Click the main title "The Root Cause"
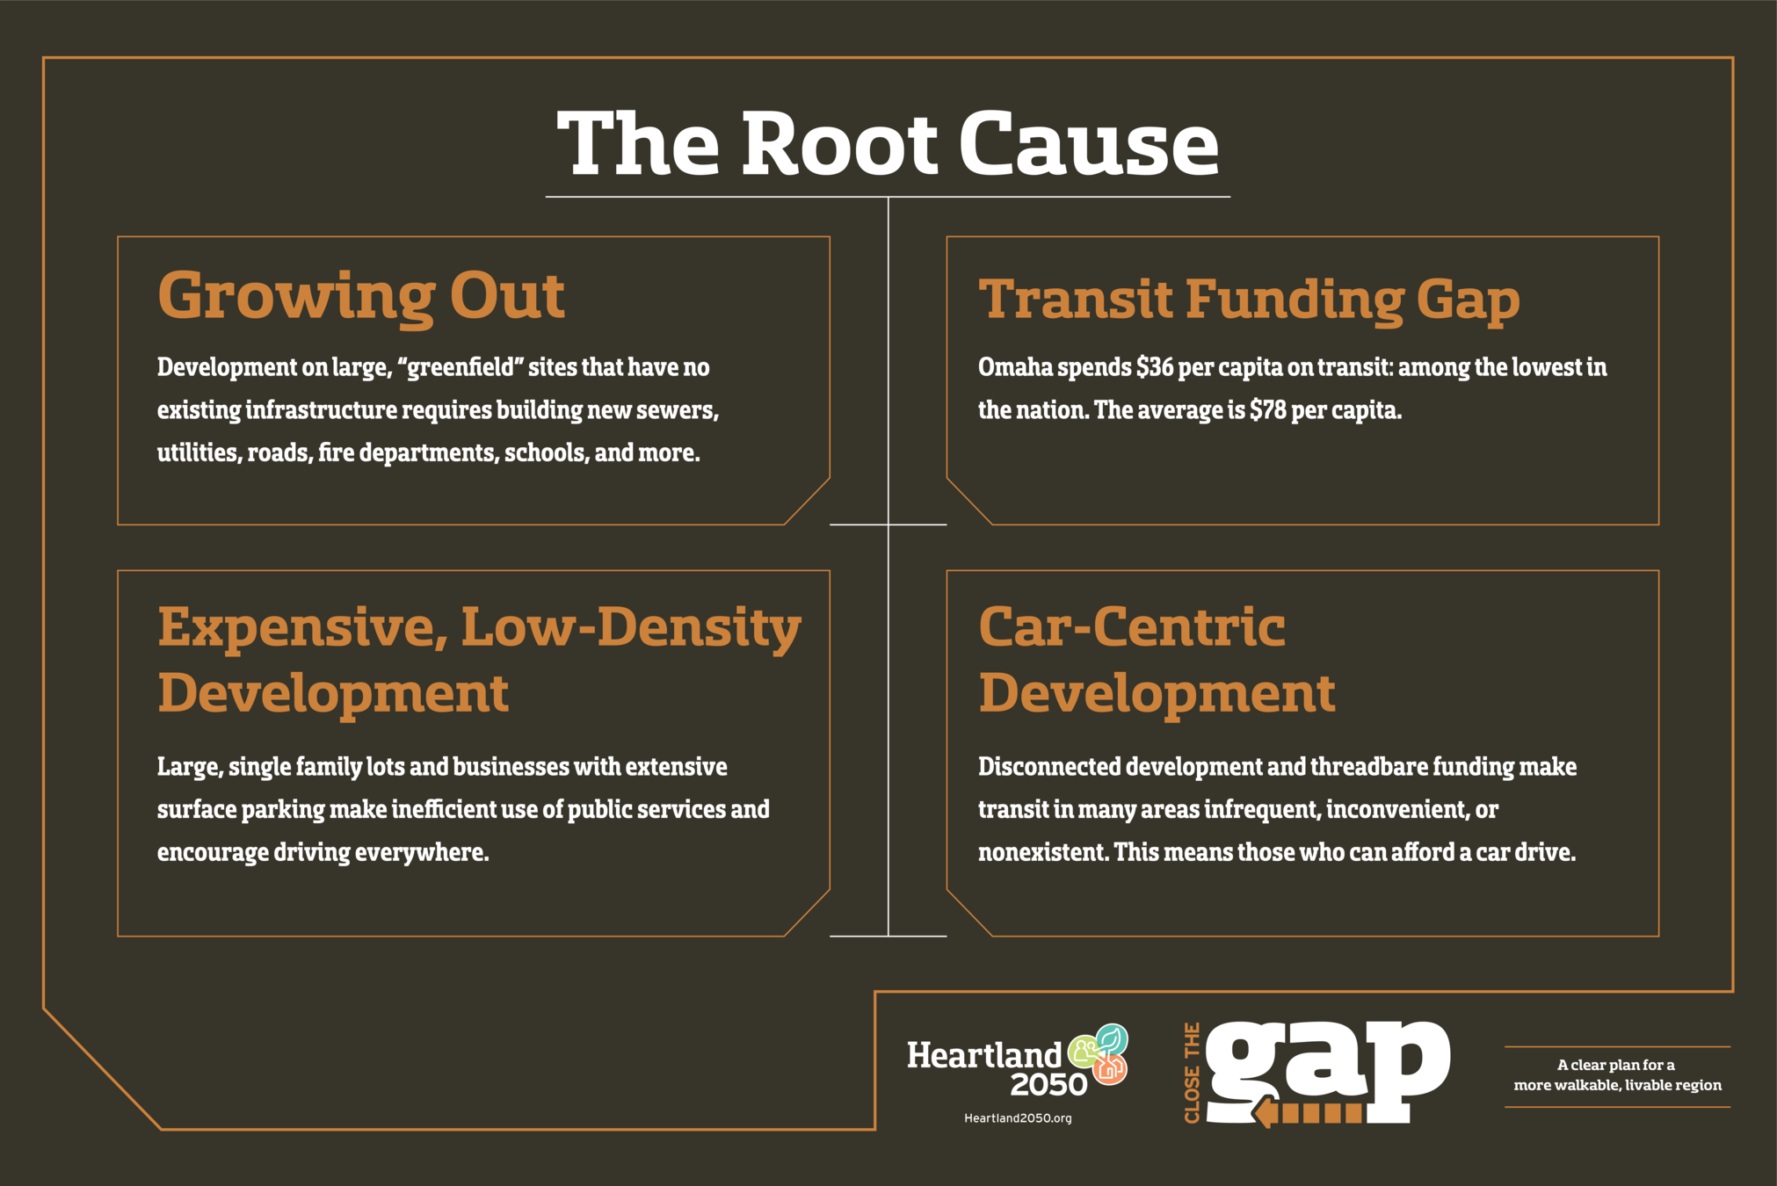888,143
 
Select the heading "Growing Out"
360,296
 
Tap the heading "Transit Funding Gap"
1249,299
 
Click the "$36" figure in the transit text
1154,367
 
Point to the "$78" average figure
1267,410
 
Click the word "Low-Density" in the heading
631,628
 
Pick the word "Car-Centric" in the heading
1132,628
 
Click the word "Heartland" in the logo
984,1055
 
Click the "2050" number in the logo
1048,1085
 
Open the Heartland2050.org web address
1018,1118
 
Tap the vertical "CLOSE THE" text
1192,1073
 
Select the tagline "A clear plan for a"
1615,1065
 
